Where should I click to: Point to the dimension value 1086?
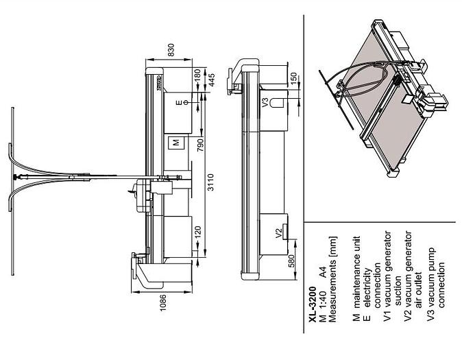tap(164, 301)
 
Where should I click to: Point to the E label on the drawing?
tap(179, 103)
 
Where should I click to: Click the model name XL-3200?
tap(313, 305)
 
